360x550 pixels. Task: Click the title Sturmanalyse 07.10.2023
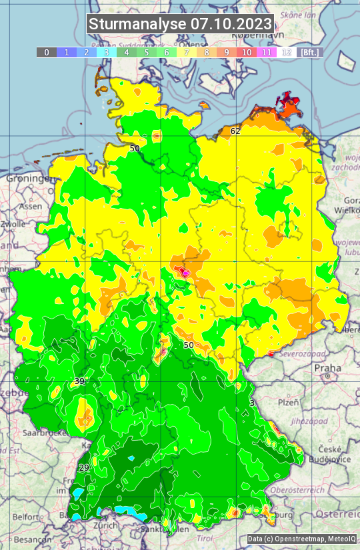[180, 24]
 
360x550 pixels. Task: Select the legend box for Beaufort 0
[47, 52]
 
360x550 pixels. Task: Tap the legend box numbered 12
[287, 52]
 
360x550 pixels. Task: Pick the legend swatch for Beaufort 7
[187, 52]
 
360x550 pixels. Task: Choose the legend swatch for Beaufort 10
[247, 52]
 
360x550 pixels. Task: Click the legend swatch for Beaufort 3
[107, 52]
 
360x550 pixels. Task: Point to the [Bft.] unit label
[310, 52]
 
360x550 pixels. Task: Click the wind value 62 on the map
[235, 131]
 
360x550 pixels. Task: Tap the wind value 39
[79, 381]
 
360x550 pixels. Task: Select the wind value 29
[84, 468]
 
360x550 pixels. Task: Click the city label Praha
[327, 368]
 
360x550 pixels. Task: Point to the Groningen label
[29, 179]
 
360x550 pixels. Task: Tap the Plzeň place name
[288, 403]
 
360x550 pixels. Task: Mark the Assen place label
[30, 207]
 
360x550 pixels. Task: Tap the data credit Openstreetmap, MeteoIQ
[301, 539]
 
